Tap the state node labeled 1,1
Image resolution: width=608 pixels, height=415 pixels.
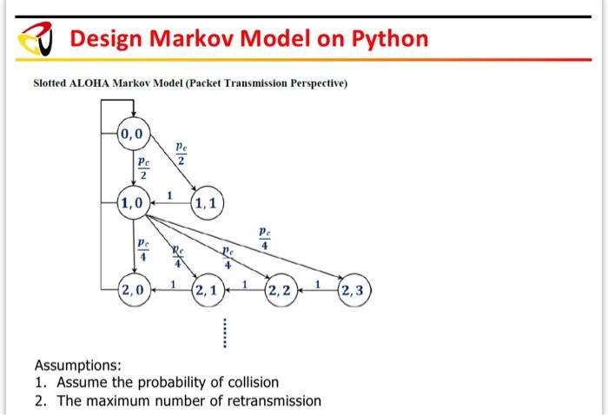click(x=208, y=204)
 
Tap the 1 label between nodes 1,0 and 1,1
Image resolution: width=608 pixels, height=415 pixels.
click(x=170, y=194)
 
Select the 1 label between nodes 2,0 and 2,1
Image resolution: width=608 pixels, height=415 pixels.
click(x=173, y=283)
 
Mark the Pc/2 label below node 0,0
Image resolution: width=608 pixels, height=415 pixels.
click(x=143, y=168)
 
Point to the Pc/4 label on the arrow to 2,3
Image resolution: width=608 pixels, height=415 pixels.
click(x=264, y=239)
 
